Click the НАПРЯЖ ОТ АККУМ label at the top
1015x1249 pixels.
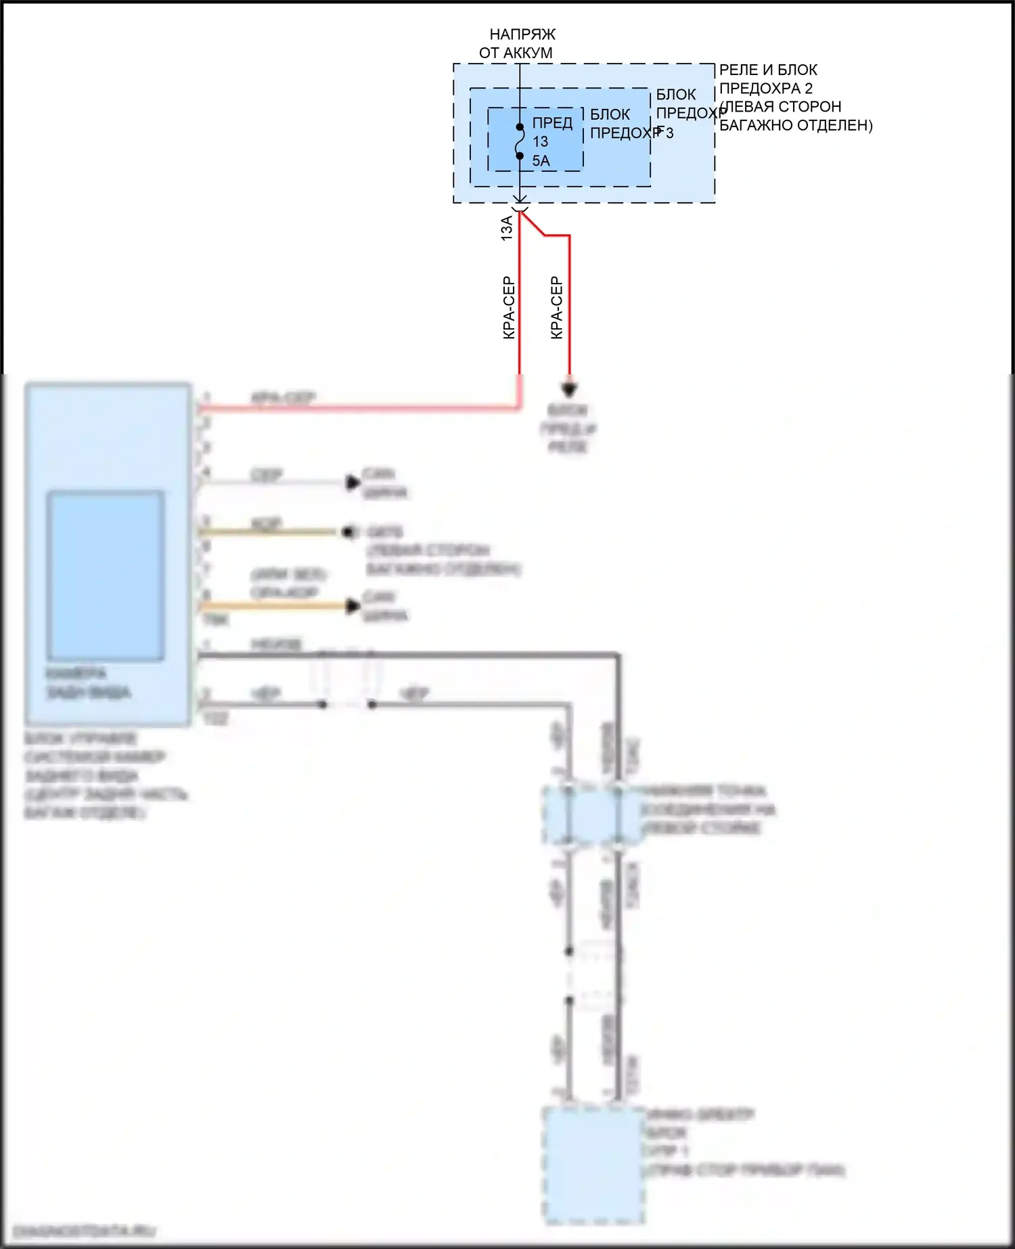pos(518,43)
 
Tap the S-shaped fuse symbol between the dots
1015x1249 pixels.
pos(520,142)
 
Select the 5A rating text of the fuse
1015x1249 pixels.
pos(541,161)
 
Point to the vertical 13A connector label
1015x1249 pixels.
pos(507,228)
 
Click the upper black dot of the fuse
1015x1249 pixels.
pos(520,127)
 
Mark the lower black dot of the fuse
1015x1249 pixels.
pos(520,156)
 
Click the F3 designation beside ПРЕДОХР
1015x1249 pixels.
pos(666,133)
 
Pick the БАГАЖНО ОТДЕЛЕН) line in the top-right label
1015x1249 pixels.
pos(796,125)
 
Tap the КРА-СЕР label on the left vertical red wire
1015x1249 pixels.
pos(509,308)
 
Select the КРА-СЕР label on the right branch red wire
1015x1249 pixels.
pos(556,308)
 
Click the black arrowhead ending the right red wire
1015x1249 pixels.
pos(570,390)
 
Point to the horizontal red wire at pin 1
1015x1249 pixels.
pos(359,408)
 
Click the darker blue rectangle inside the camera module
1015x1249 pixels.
pos(106,575)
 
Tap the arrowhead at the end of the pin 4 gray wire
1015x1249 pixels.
pos(353,482)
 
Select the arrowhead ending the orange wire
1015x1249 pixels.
pos(353,606)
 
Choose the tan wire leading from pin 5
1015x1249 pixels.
pos(271,532)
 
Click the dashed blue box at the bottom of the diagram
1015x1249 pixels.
pos(594,1165)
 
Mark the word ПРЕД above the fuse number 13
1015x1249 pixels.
pos(552,123)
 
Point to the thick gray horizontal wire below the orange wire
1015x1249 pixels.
pos(406,655)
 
